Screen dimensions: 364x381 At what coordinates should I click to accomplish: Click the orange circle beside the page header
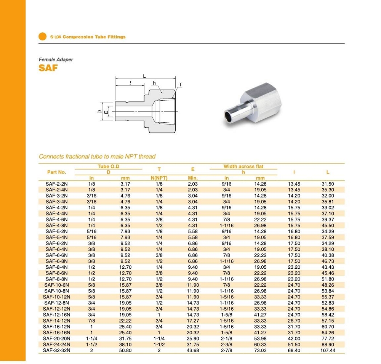point(42,37)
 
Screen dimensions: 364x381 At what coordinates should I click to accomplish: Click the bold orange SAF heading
point(48,68)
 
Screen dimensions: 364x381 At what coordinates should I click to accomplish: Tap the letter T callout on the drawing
point(180,84)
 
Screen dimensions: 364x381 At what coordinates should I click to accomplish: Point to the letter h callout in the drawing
point(154,83)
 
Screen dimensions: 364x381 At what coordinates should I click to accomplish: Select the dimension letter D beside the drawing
point(99,112)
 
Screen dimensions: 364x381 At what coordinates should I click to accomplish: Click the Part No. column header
point(57,172)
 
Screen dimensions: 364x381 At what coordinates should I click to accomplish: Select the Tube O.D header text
point(109,167)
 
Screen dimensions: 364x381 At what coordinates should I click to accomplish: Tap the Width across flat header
point(243,167)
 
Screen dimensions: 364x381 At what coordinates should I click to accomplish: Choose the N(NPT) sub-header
point(159,178)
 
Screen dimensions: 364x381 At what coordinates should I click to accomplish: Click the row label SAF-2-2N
point(57,184)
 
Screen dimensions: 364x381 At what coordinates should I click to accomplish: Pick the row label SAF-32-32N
point(57,350)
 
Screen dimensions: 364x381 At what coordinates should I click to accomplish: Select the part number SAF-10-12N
point(57,297)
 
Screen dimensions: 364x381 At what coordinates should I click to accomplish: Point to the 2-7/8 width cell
point(227,350)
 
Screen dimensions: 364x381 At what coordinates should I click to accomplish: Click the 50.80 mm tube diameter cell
point(125,350)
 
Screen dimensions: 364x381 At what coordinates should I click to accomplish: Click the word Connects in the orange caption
point(50,156)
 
